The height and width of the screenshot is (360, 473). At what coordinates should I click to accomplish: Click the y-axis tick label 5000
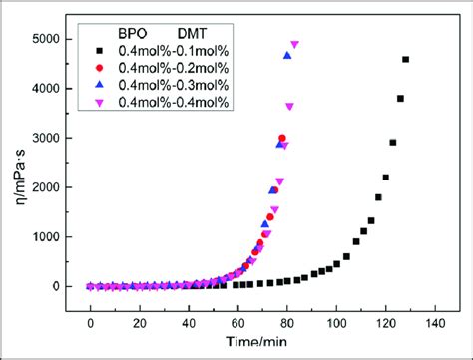coord(44,39)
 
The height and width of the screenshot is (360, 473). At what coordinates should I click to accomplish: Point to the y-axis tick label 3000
coord(44,138)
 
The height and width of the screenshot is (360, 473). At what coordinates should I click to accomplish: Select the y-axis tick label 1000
coord(44,237)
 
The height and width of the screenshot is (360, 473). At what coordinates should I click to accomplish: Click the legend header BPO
coord(150,32)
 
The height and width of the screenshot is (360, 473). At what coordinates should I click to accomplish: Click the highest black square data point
coord(405,60)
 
